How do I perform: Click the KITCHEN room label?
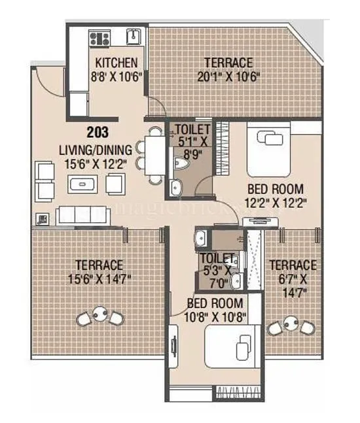click(x=117, y=63)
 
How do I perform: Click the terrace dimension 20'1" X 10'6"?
click(x=228, y=76)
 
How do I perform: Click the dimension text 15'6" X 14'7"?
click(x=98, y=278)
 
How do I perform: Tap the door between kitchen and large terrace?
click(x=155, y=107)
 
